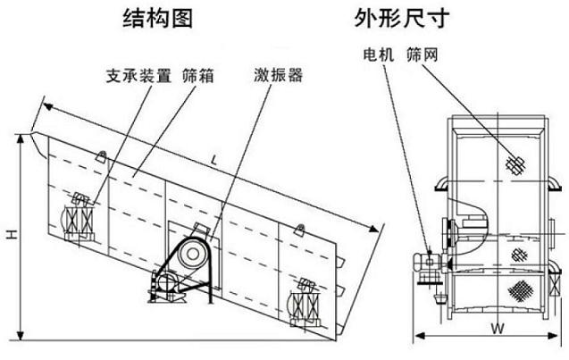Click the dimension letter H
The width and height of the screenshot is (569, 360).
point(10,234)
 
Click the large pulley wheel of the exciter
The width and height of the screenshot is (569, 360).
point(188,256)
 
